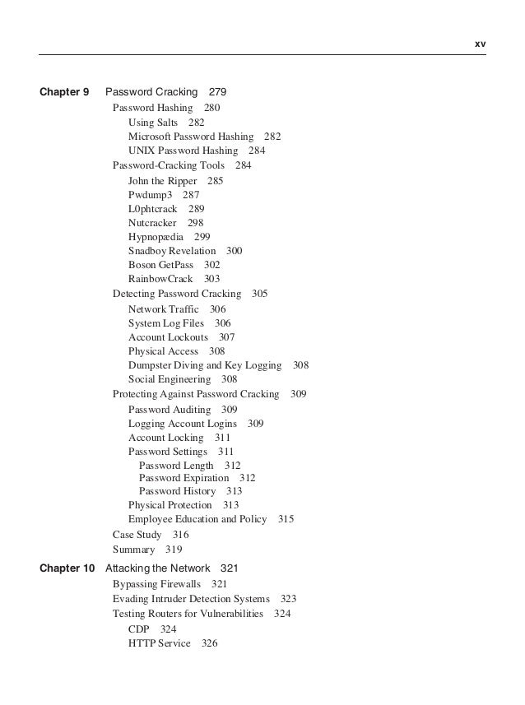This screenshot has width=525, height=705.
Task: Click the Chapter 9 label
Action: pos(64,93)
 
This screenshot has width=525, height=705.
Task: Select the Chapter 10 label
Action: pos(67,568)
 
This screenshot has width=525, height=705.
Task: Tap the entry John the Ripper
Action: pos(162,180)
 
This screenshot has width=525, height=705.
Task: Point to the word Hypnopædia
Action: pos(156,237)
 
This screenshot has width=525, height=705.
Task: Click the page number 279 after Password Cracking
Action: pos(217,93)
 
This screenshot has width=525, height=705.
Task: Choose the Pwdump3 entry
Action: pos(150,195)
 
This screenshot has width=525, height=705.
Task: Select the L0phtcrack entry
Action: pos(152,209)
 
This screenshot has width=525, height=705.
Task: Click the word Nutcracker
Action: pos(153,223)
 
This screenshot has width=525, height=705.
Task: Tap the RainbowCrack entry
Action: pos(160,280)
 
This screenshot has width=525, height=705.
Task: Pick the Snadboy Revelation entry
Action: pos(171,251)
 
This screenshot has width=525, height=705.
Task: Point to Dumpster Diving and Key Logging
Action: pos(205,365)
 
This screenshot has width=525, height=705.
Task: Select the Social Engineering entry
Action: pos(170,379)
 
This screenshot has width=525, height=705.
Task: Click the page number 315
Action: pos(286,519)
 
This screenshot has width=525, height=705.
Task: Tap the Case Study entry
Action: pos(137,535)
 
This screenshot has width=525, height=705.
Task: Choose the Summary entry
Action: pos(133,550)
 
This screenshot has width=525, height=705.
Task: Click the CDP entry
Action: pos(138,629)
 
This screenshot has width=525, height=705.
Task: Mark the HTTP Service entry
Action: pos(159,643)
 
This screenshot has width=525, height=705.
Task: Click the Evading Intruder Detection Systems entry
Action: pos(191,599)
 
